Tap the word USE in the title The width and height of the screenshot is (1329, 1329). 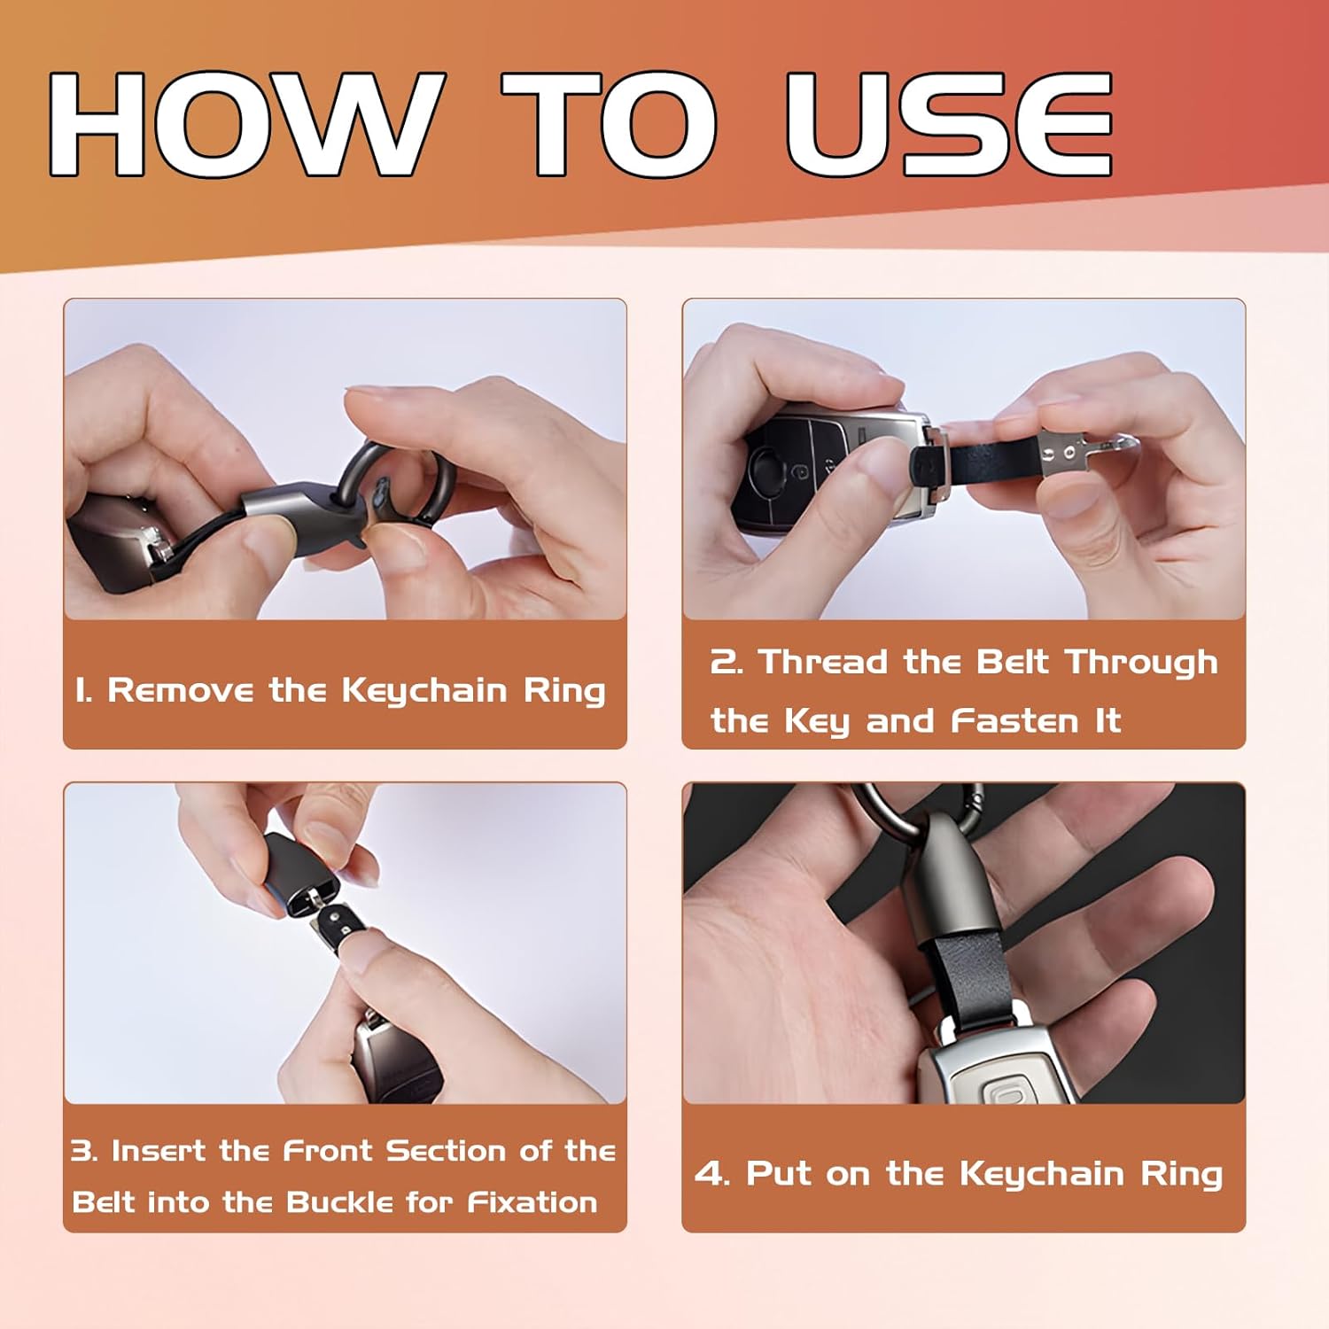click(x=949, y=125)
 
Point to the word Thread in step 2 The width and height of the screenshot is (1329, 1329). click(x=824, y=661)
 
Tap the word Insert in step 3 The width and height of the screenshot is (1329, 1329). click(x=160, y=1150)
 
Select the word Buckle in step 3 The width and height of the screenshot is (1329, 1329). click(x=340, y=1201)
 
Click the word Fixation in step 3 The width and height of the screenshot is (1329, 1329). click(x=532, y=1201)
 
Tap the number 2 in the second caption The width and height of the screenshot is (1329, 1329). click(x=726, y=662)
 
